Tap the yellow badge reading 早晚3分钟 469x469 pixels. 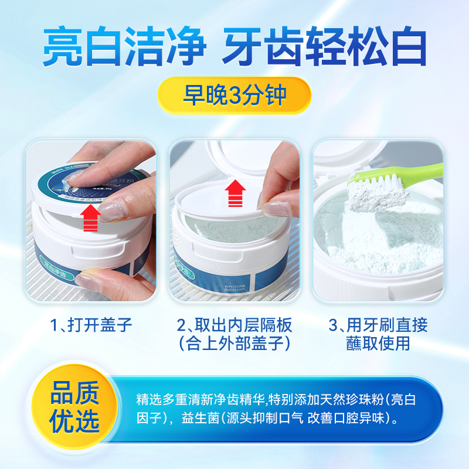235,95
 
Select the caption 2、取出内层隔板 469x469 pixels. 235,325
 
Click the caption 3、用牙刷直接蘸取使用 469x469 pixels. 377,334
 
